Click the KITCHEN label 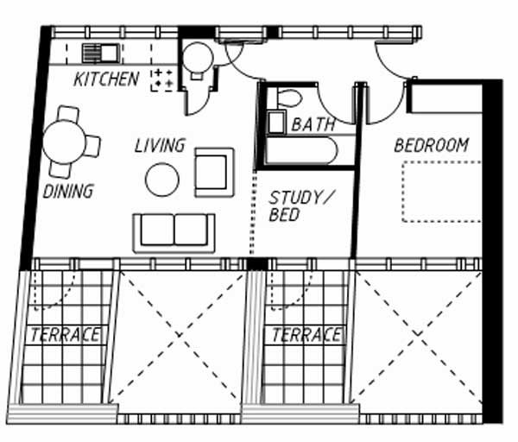click(106, 79)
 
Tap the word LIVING click(160, 145)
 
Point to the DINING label click(68, 192)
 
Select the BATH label click(313, 124)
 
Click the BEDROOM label click(432, 145)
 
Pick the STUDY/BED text click(300, 206)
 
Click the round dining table click(64, 142)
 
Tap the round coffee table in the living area click(162, 180)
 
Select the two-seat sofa click(174, 233)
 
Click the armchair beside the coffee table click(214, 173)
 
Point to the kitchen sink click(101, 54)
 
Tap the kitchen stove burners click(162, 79)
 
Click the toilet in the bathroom click(289, 98)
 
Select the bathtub click(301, 150)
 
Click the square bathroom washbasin click(276, 123)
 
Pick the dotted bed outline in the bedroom click(442, 192)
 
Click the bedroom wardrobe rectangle click(446, 98)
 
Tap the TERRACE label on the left click(65, 335)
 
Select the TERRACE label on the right click(306, 335)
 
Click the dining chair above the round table click(68, 114)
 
